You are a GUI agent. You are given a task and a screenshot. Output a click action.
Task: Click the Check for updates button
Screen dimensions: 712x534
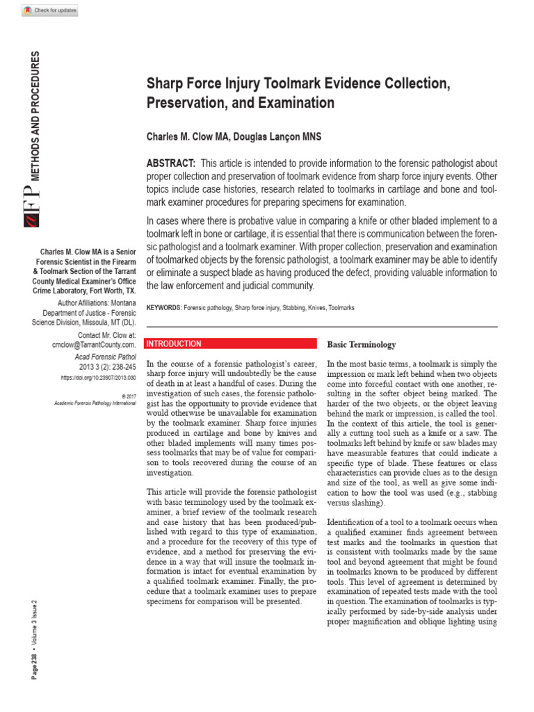pos(50,10)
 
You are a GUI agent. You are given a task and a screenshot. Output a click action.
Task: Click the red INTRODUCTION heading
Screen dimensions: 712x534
pos(174,344)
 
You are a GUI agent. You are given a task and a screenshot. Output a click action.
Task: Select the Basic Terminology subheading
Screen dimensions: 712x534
pos(362,344)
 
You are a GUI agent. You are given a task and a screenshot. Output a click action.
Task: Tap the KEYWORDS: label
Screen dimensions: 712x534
pos(163,307)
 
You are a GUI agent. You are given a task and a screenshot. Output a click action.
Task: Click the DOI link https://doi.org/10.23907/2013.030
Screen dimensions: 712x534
pos(98,378)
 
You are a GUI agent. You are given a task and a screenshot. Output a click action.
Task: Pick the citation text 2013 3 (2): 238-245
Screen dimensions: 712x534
pos(108,366)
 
